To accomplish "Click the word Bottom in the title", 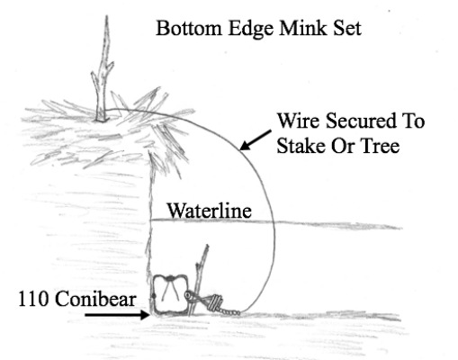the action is [189, 29].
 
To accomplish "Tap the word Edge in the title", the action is [251, 30].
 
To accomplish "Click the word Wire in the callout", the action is [299, 121].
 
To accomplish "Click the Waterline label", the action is [209, 211].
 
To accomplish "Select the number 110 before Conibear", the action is [33, 299].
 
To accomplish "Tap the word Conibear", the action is [95, 299].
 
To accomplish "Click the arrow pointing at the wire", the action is [256, 140].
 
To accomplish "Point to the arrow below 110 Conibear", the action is [117, 315].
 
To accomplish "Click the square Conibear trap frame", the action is [154, 295].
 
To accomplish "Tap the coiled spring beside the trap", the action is [214, 302].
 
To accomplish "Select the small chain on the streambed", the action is [230, 312].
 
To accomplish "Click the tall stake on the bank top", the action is [103, 69].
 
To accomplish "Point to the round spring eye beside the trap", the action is [189, 296].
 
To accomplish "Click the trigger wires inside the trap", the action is [170, 289].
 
